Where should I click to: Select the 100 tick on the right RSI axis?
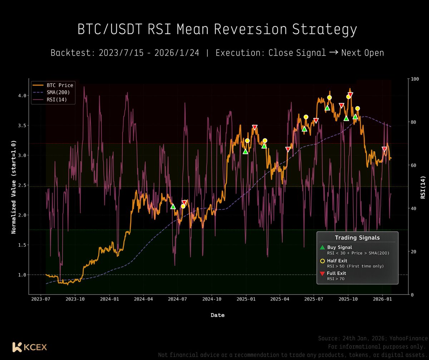(x=415, y=79)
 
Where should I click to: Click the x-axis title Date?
(x=217, y=315)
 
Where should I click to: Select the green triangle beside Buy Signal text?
(x=322, y=247)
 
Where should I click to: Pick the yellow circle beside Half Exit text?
(x=322, y=261)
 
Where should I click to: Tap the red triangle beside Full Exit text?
(x=322, y=274)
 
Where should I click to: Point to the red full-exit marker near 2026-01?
(x=384, y=149)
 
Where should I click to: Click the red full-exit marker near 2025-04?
(x=288, y=149)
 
